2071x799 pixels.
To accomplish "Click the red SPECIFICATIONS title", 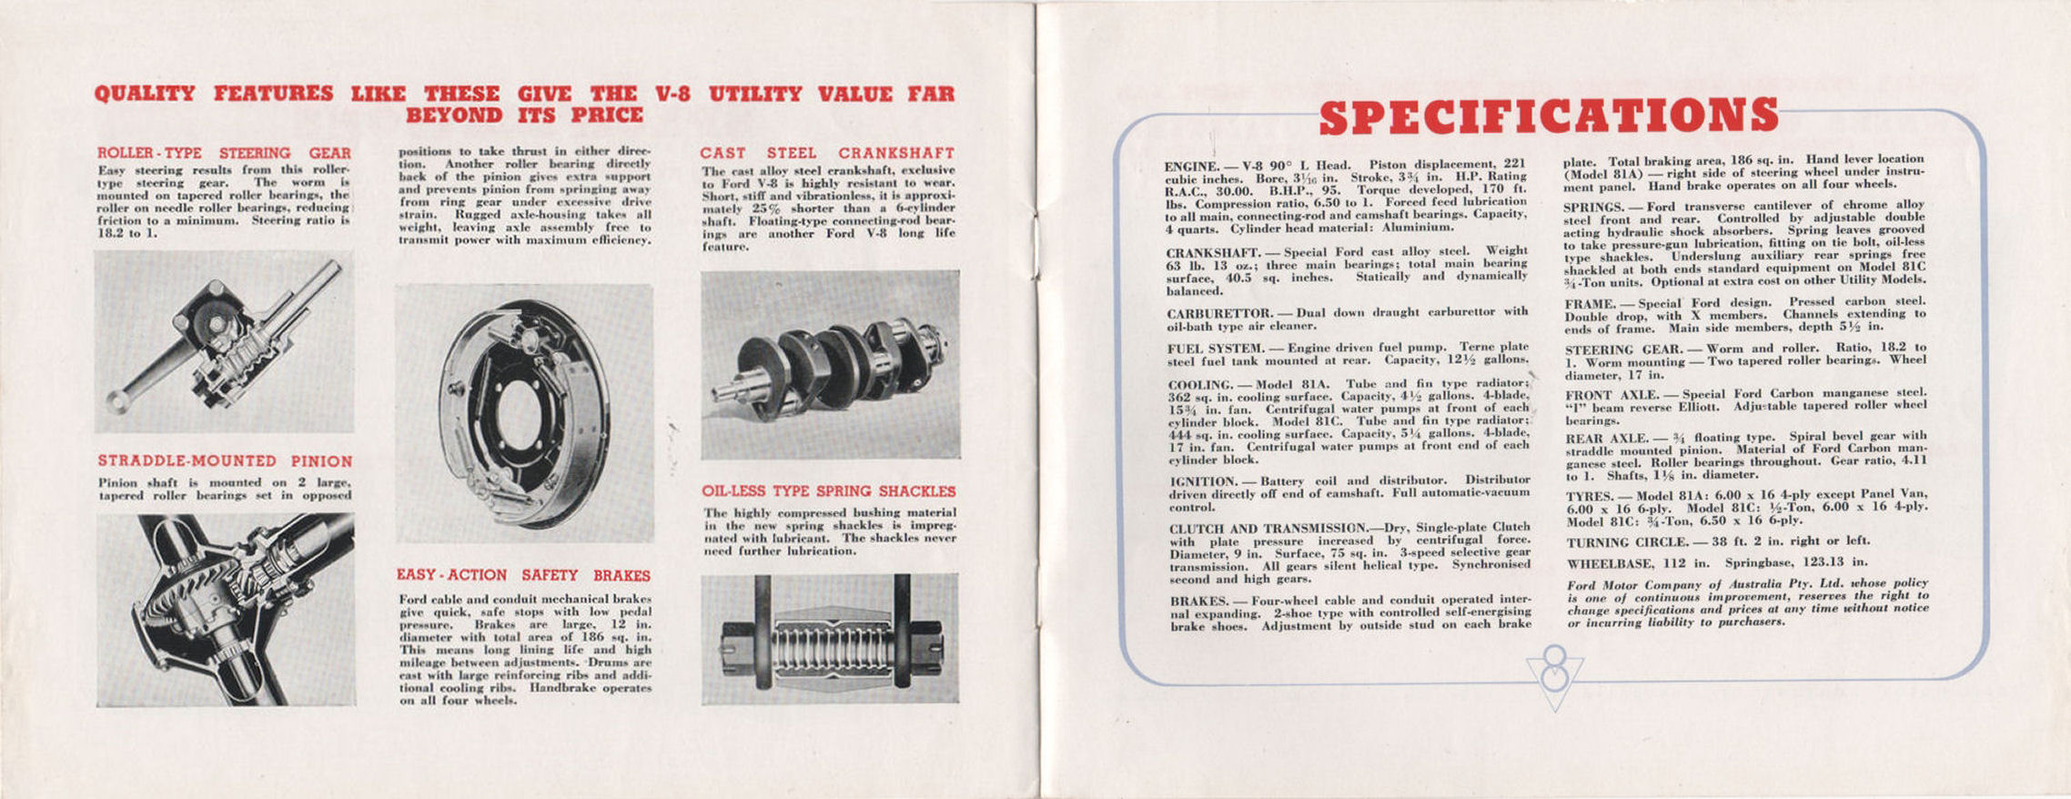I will click(x=1547, y=116).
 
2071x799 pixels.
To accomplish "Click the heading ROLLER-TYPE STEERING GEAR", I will click(x=224, y=153).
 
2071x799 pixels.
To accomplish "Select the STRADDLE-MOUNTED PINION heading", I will click(x=225, y=461).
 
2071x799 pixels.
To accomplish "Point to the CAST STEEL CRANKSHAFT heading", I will click(x=827, y=153).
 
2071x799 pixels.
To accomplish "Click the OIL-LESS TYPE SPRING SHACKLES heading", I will click(x=828, y=491).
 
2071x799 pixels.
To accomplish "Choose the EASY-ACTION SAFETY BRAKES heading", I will click(x=523, y=575).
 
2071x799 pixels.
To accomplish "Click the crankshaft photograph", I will click(x=830, y=364).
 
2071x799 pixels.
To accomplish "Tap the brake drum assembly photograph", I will click(x=524, y=414).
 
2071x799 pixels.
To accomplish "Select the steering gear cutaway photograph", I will click(x=224, y=341).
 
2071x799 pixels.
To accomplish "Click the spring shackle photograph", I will click(x=830, y=639).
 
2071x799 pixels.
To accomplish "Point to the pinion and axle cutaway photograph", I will click(x=226, y=610).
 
